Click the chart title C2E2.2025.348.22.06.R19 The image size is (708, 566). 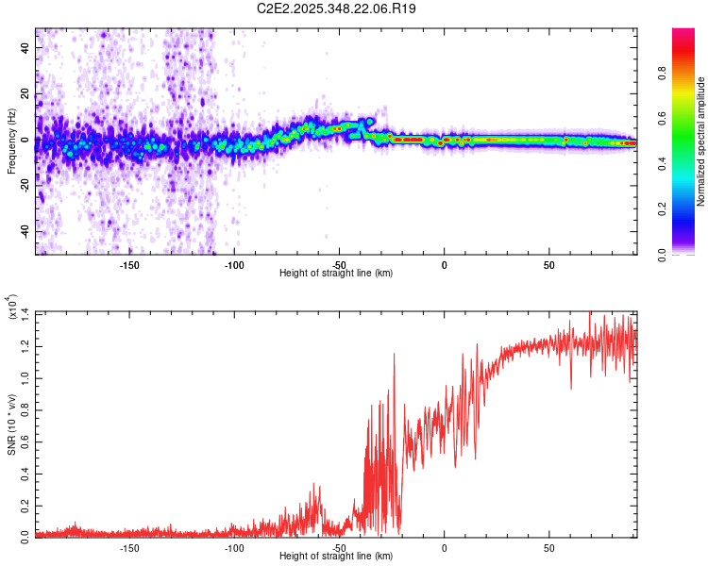[336, 8]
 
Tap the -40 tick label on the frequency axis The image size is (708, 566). [25, 231]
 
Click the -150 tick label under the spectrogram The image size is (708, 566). [129, 265]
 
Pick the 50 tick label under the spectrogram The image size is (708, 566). [549, 265]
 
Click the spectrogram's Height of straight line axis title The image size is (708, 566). [336, 274]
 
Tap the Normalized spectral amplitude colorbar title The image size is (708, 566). [700, 141]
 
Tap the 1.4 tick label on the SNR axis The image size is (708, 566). [25, 311]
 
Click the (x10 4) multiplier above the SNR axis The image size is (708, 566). [13, 307]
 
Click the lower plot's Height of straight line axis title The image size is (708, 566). [336, 557]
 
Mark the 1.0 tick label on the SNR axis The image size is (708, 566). [25, 375]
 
